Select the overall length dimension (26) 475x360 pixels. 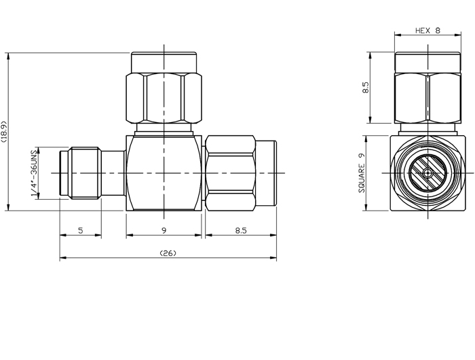click(x=168, y=253)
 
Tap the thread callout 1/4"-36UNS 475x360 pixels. click(x=35, y=174)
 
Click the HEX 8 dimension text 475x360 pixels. click(x=428, y=31)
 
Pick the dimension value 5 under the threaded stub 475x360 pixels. click(x=80, y=231)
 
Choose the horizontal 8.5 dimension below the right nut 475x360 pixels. click(x=240, y=231)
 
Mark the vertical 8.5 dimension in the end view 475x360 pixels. click(x=366, y=88)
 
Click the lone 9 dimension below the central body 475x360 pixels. click(x=164, y=231)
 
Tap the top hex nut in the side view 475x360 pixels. click(x=164, y=92)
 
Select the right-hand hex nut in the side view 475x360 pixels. click(x=231, y=173)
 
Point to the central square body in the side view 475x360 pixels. click(x=164, y=173)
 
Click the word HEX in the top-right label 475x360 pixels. click(x=421, y=31)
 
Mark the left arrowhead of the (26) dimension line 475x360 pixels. click(x=62, y=259)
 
